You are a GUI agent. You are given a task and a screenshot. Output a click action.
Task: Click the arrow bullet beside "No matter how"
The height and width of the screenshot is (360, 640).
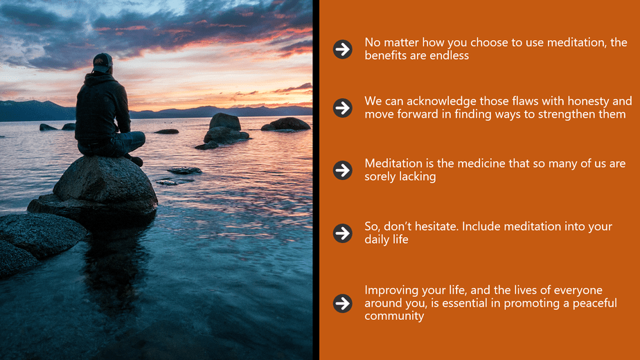pyautogui.click(x=342, y=49)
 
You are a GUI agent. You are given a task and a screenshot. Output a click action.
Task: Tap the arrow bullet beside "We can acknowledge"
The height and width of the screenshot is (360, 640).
pyautogui.click(x=342, y=107)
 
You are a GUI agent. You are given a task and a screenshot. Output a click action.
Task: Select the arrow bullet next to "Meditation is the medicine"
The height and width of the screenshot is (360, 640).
pyautogui.click(x=342, y=170)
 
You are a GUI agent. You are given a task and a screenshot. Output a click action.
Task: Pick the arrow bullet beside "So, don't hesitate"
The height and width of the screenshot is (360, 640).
pyautogui.click(x=342, y=233)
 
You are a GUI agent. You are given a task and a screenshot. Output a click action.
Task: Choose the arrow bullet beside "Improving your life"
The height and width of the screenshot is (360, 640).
pyautogui.click(x=342, y=303)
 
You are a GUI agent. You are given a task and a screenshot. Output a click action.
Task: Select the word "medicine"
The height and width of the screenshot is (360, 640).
pyautogui.click(x=484, y=163)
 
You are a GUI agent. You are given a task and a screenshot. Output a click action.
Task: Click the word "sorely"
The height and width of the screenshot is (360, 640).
pyautogui.click(x=381, y=177)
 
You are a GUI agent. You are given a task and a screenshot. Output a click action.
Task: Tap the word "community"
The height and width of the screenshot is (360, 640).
pyautogui.click(x=394, y=316)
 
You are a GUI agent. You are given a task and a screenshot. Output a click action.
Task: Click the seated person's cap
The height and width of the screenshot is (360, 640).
pyautogui.click(x=103, y=61)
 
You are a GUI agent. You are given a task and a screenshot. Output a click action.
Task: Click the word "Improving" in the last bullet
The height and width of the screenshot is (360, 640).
pyautogui.click(x=391, y=290)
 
